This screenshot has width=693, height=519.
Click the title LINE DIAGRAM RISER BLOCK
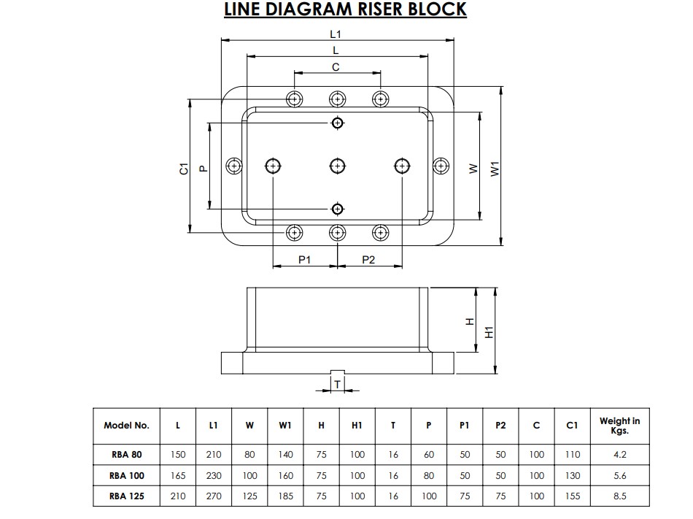point(344,10)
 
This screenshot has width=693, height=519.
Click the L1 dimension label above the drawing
point(336,34)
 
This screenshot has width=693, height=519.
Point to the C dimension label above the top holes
point(336,67)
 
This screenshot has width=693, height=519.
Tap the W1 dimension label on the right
point(495,167)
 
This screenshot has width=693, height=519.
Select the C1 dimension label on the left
point(185,167)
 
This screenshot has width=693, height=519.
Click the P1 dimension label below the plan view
point(305,260)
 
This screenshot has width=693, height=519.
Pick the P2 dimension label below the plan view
point(368,260)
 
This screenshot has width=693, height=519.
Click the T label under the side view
point(337,382)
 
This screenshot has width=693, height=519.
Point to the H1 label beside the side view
point(489,331)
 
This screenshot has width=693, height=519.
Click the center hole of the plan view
point(337,166)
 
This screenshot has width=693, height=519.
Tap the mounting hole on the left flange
point(233,166)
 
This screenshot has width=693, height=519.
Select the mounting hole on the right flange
point(440,166)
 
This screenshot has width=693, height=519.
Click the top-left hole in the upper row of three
point(294,99)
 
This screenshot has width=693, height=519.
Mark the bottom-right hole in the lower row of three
point(379,233)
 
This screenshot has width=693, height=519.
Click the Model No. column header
point(126,426)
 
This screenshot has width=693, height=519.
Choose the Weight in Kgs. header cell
point(619,426)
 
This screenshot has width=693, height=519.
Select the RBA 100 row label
point(126,475)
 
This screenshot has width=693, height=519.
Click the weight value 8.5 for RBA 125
point(619,496)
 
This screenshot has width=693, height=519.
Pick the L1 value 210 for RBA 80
point(213,454)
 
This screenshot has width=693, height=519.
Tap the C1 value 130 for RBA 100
point(573,475)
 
